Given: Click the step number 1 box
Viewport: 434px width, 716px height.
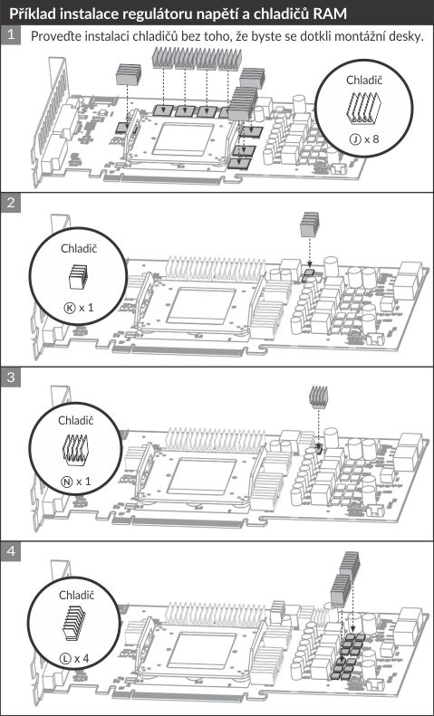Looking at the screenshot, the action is (x=11, y=35).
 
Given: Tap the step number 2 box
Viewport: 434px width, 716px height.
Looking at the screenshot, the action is (x=11, y=202).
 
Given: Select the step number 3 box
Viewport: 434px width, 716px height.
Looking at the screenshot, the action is (x=11, y=377).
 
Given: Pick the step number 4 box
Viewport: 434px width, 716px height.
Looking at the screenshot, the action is (x=11, y=551).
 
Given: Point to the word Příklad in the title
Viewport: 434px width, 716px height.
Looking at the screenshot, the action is (x=32, y=14).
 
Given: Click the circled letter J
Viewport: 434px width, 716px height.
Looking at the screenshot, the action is (x=353, y=138).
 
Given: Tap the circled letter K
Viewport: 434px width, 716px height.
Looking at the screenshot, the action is (x=69, y=308).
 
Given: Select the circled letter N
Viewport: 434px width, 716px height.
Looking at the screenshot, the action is (x=66, y=482).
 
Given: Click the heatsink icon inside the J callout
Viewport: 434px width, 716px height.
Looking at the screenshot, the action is (x=364, y=109).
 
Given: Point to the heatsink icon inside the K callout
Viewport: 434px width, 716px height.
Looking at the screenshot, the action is (x=78, y=277).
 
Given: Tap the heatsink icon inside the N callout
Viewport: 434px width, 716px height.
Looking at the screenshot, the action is (x=74, y=449).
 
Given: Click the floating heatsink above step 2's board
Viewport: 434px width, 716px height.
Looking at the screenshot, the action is (x=310, y=224).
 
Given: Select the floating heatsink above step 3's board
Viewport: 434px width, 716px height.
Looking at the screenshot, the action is (x=318, y=396).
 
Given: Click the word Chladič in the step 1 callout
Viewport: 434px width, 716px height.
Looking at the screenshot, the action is (x=364, y=80).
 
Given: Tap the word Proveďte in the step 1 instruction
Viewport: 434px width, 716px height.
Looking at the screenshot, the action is (x=53, y=36).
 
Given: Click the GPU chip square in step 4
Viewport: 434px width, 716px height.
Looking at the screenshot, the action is (x=201, y=651).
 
